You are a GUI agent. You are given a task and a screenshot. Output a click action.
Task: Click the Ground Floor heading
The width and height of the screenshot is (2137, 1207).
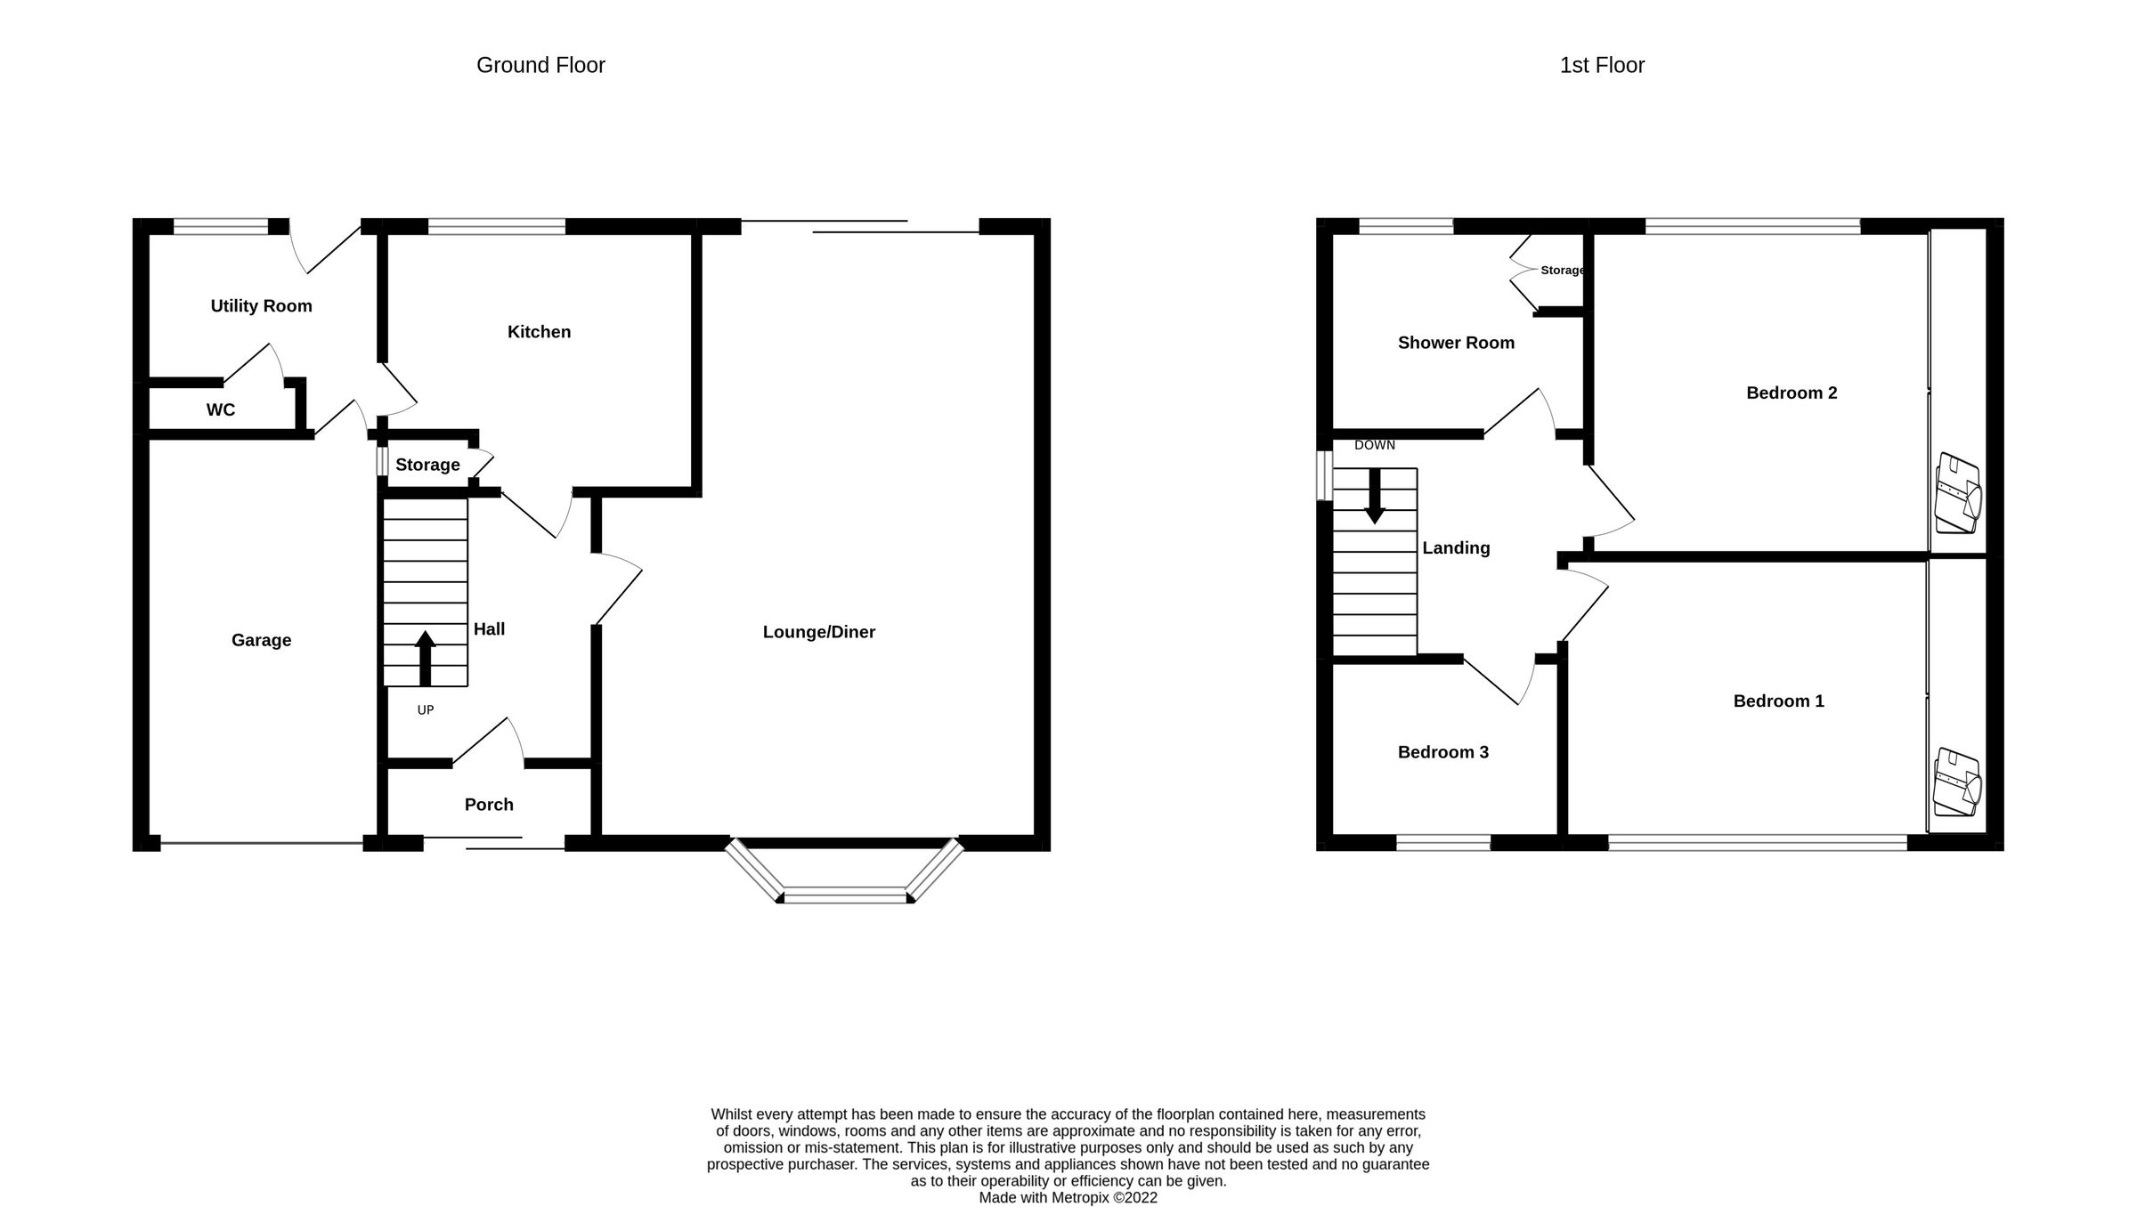tap(540, 65)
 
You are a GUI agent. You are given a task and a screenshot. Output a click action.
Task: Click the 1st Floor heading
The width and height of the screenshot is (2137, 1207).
tap(1601, 65)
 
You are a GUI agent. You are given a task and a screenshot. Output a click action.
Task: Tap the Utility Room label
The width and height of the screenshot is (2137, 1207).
tap(261, 306)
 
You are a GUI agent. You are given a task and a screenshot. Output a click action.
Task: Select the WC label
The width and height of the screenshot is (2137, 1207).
tap(221, 410)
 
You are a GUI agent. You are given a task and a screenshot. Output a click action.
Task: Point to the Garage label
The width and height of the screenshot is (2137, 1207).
tap(261, 640)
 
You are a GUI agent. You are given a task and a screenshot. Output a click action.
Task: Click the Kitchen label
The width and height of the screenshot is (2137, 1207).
tap(539, 332)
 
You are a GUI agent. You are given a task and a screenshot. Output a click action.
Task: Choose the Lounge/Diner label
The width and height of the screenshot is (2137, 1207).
tap(818, 632)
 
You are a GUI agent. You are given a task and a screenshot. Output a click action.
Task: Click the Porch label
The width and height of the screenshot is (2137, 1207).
tap(489, 805)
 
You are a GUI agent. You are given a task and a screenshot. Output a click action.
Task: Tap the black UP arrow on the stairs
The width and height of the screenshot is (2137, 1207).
tap(426, 658)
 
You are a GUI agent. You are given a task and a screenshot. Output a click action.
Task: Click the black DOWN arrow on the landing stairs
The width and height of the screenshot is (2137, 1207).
tap(1375, 497)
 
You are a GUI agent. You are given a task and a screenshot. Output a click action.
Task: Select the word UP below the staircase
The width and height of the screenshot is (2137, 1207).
tap(426, 709)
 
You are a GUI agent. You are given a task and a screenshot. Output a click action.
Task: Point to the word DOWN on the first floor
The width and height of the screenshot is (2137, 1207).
tap(1374, 445)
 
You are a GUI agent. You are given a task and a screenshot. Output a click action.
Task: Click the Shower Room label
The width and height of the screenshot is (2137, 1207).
tap(1455, 343)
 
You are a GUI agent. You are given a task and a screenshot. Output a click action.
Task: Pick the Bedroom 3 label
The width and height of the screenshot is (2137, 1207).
tap(1442, 752)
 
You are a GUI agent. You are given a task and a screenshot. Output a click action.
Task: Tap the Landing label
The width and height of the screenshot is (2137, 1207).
tap(1455, 548)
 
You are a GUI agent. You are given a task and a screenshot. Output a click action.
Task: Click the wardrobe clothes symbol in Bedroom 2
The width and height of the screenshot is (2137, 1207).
tap(1957, 494)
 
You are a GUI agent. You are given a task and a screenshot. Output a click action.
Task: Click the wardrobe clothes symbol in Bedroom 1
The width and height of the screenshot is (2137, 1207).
tap(1957, 782)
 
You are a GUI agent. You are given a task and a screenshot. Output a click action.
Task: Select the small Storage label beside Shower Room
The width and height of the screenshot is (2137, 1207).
tap(1562, 270)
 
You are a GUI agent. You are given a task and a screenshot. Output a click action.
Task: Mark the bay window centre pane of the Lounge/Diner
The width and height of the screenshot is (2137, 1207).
tap(845, 895)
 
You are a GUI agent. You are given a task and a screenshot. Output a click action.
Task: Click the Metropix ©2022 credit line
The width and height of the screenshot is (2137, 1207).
tap(1068, 1198)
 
